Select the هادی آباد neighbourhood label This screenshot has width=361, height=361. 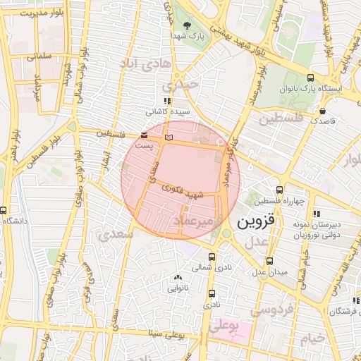pos(147,66)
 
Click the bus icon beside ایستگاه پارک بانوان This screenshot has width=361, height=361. pos(311,78)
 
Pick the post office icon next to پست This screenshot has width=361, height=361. pos(145,134)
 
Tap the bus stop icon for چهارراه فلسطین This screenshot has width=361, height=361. pos(280,190)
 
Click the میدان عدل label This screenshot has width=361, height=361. pos(269,272)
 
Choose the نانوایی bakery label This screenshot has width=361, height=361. pos(177,288)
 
